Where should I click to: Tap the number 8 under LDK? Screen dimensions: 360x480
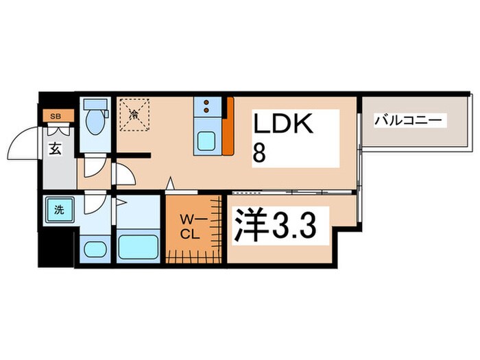pos(260,153)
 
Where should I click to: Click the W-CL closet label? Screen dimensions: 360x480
pos(189,226)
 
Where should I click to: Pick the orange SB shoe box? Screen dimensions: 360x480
pos(53,116)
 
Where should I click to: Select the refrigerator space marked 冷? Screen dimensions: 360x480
pos(134,115)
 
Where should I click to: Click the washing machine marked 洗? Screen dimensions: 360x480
pos(58,210)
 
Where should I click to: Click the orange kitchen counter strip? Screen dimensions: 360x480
pos(229,126)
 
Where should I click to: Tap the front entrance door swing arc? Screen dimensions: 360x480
pos(31,144)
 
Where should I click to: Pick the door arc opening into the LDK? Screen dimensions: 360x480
pos(123,176)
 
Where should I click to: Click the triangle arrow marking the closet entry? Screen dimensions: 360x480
pos(171,183)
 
